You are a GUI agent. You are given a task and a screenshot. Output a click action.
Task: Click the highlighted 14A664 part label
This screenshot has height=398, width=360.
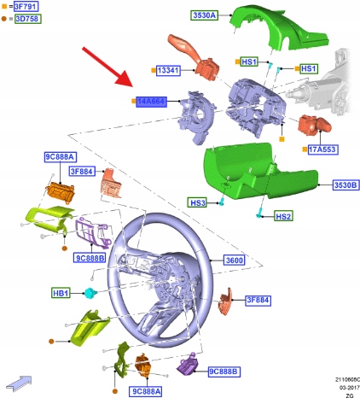point(151,102)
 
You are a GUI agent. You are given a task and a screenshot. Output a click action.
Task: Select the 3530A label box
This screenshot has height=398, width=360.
point(204,15)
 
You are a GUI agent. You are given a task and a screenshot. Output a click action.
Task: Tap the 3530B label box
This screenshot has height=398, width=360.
point(345,184)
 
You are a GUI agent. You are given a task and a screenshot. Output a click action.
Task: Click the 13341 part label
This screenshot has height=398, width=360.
point(168,70)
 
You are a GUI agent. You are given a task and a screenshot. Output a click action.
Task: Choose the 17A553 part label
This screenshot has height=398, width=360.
point(322,149)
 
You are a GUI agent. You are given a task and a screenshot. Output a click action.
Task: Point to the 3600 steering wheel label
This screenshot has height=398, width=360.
point(235,260)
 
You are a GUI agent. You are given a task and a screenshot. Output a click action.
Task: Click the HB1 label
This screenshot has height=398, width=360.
point(61,293)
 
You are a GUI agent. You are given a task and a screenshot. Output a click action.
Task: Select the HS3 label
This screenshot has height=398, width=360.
point(198,202)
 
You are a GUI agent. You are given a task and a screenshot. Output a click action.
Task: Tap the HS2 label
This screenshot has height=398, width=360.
point(283,216)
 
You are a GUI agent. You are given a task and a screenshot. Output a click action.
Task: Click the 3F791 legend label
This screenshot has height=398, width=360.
point(26,6)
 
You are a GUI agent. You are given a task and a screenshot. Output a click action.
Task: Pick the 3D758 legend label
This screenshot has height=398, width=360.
point(28,19)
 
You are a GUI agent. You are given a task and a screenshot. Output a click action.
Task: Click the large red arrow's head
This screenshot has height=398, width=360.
point(125,79)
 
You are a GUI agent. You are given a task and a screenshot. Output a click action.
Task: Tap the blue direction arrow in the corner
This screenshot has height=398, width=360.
point(20,383)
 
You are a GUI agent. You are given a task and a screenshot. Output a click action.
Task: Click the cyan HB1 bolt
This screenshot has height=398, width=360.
point(90,292)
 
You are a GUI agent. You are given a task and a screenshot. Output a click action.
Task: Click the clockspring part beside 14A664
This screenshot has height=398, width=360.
point(196,117)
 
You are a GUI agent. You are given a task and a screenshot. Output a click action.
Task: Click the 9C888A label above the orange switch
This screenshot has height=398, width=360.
point(61,157)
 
